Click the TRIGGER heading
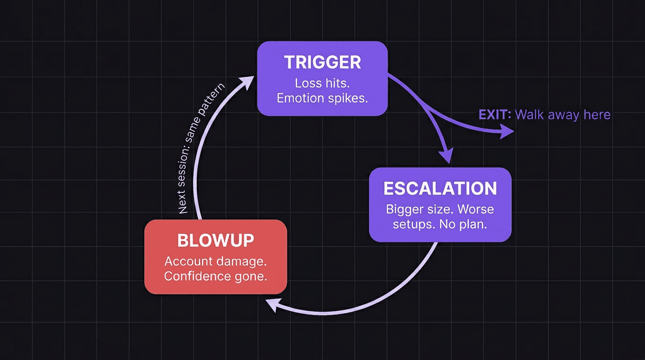pyautogui.click(x=322, y=63)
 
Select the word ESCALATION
pyautogui.click(x=440, y=188)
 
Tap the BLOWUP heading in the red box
pyautogui.click(x=216, y=240)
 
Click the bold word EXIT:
pyautogui.click(x=495, y=115)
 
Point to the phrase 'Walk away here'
pyautogui.click(x=562, y=115)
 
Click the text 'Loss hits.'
pyautogui.click(x=322, y=83)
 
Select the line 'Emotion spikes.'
pyautogui.click(x=322, y=98)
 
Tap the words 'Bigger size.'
pyautogui.click(x=419, y=209)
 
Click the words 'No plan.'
pyautogui.click(x=463, y=224)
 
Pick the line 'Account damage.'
pyautogui.click(x=216, y=261)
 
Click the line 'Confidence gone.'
pyautogui.click(x=216, y=276)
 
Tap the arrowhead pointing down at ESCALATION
pyautogui.click(x=447, y=156)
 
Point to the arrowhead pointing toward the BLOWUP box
pyautogui.click(x=272, y=305)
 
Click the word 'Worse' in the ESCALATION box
pyautogui.click(x=476, y=209)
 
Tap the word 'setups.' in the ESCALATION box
pyautogui.click(x=414, y=224)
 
